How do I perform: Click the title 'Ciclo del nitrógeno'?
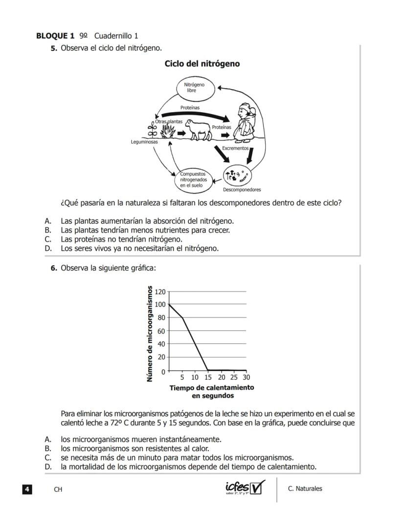pyautogui.click(x=202, y=64)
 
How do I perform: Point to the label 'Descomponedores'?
pyautogui.click(x=242, y=189)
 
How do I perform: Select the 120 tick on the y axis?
pyautogui.click(x=160, y=292)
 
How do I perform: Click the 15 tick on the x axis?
pyautogui.click(x=208, y=377)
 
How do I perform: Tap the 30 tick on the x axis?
pyautogui.click(x=246, y=377)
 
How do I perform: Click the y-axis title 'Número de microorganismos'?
pyautogui.click(x=150, y=334)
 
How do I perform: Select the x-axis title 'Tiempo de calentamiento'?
pyautogui.click(x=211, y=388)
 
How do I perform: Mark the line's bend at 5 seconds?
pyautogui.click(x=182, y=318)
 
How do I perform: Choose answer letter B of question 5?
pyautogui.click(x=48, y=230)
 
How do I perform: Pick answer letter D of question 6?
pyautogui.click(x=48, y=467)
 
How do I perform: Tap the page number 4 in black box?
pyautogui.click(x=27, y=489)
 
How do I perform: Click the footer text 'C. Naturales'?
pyautogui.click(x=305, y=489)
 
